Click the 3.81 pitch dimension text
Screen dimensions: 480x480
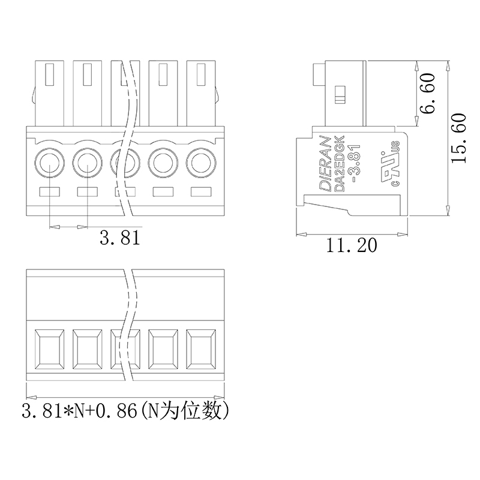tap(119, 238)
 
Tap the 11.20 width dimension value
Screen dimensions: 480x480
tap(352, 245)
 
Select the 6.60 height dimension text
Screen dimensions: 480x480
tap(427, 94)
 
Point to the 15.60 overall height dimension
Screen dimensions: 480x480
tap(458, 138)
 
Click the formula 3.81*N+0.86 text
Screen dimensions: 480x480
tap(79, 411)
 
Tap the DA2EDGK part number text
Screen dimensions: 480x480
tap(340, 163)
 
